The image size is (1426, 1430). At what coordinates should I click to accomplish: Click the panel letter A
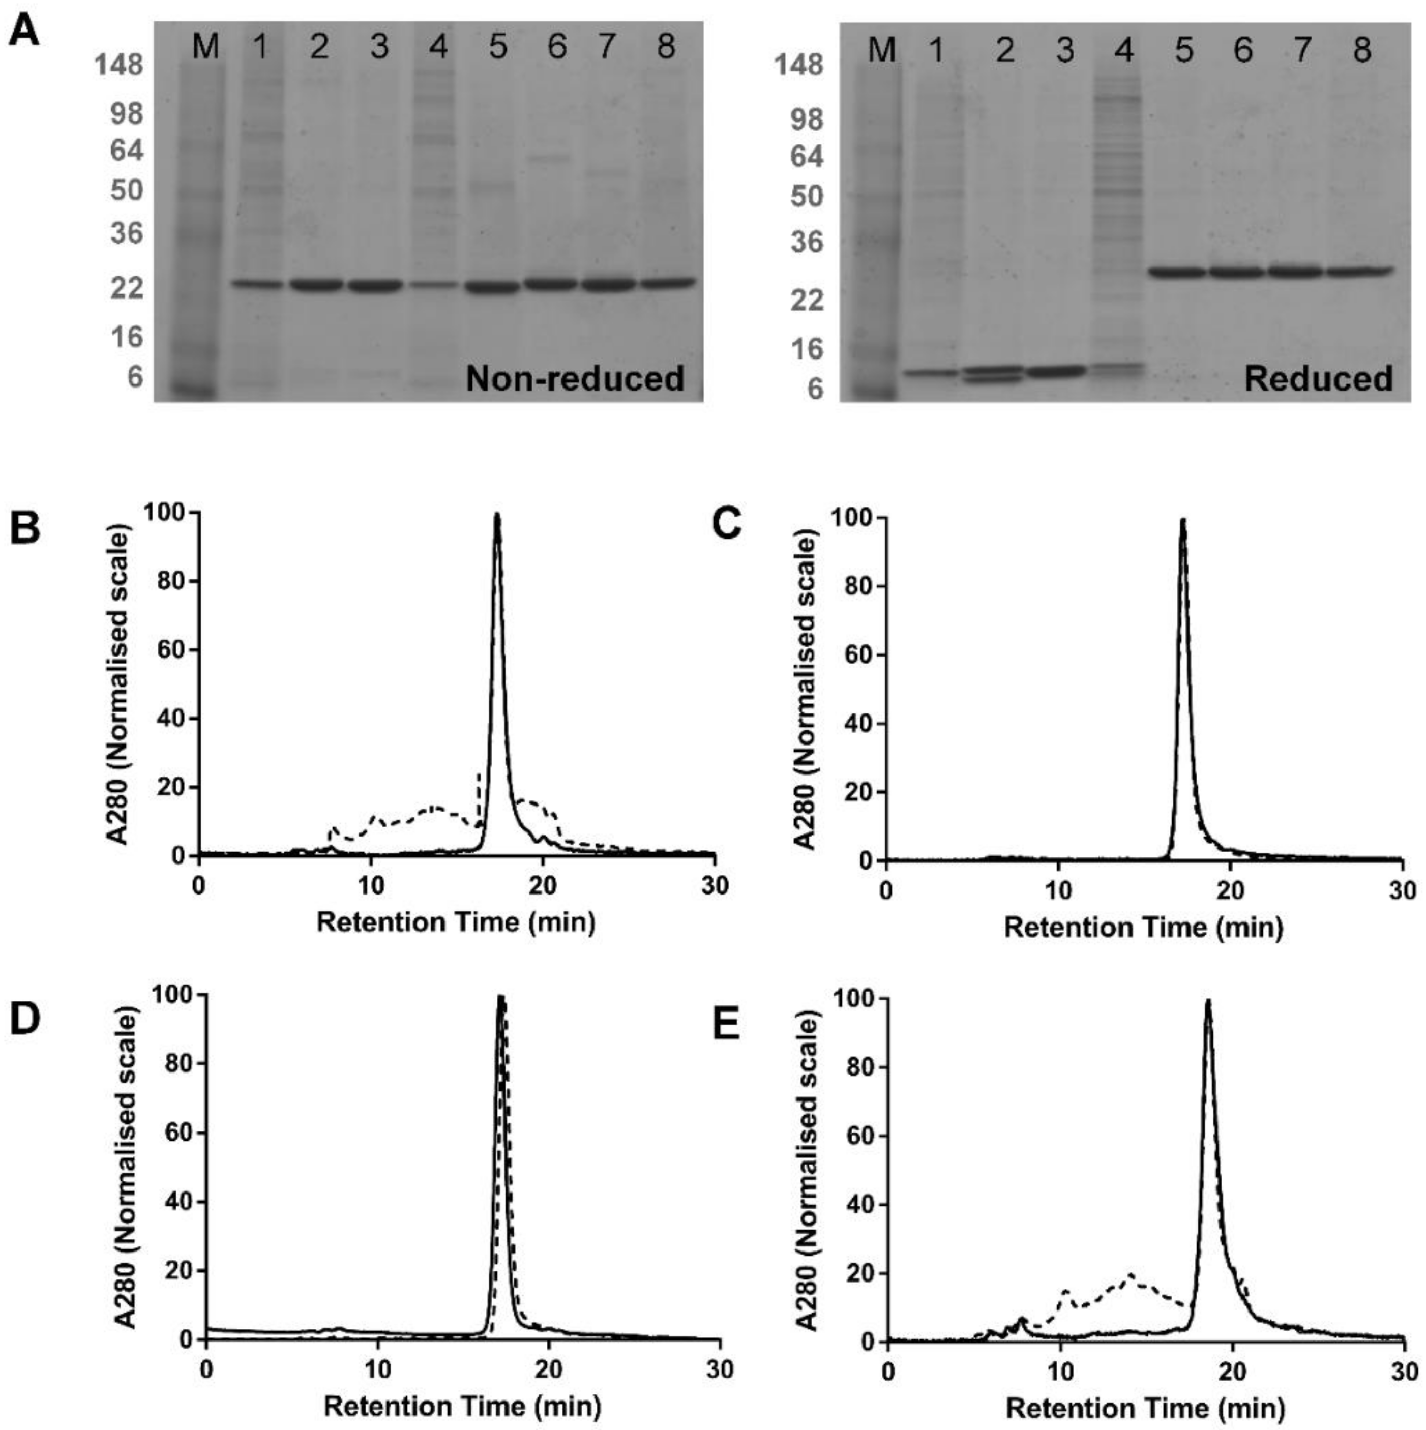[x=24, y=31]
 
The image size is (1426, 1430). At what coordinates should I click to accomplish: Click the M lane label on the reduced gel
[x=881, y=50]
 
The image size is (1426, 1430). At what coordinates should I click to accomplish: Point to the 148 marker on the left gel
[x=119, y=65]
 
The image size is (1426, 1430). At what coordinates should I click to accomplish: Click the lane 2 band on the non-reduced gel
[x=317, y=284]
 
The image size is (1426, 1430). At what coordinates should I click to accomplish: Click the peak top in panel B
[x=497, y=515]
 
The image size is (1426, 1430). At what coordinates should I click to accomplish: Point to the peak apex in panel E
[x=1208, y=1001]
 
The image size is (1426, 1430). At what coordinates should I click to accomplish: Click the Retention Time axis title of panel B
[x=456, y=922]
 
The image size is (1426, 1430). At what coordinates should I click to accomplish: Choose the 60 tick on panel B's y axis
[x=170, y=650]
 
